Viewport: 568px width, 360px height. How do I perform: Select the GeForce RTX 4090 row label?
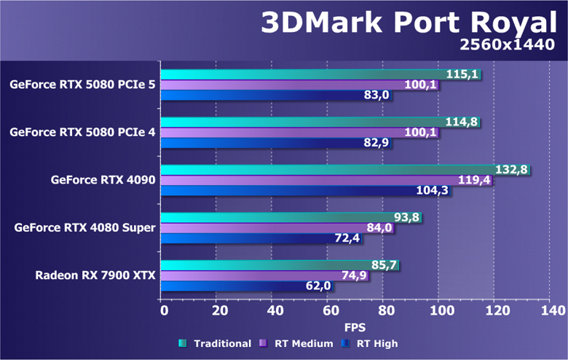pyautogui.click(x=103, y=180)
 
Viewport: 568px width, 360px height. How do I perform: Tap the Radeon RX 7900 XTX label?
pyautogui.click(x=95, y=275)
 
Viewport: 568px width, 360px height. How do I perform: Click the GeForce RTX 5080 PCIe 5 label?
pyautogui.click(x=82, y=85)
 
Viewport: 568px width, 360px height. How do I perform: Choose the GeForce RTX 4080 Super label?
pyautogui.click(x=84, y=228)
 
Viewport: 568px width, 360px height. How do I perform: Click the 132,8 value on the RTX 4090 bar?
pyautogui.click(x=511, y=171)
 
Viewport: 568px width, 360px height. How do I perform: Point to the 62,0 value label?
pyautogui.click(x=317, y=286)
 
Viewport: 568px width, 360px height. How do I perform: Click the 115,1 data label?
pyautogui.click(x=462, y=74)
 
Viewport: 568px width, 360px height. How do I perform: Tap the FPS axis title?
pyautogui.click(x=355, y=327)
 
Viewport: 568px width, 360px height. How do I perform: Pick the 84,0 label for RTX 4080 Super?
pyautogui.click(x=379, y=228)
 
